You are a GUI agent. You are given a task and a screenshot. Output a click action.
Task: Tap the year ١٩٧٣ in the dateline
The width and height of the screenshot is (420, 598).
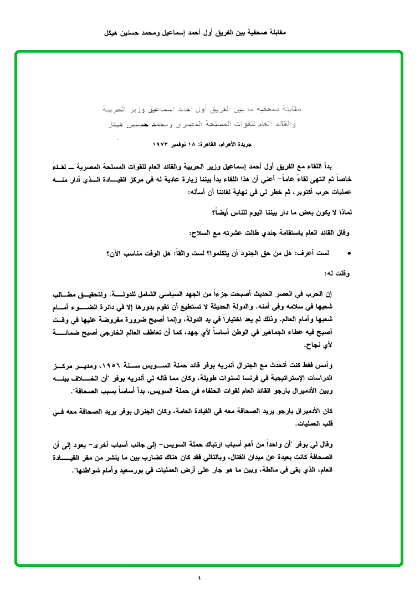(161, 144)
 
